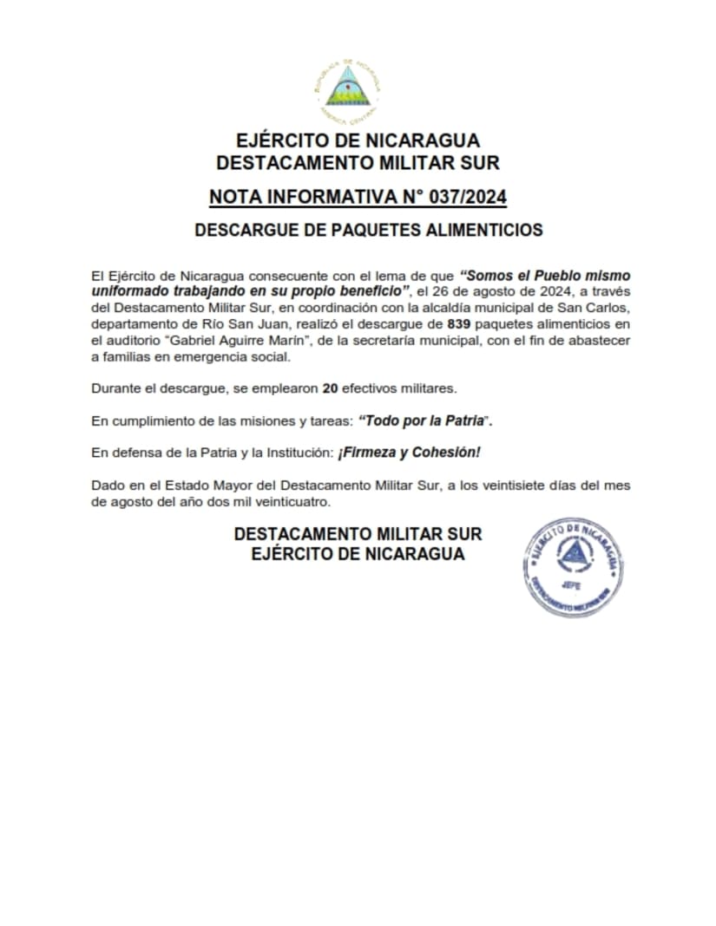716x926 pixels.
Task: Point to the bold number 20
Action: [330, 389]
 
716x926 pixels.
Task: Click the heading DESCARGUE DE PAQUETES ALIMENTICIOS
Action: [369, 230]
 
